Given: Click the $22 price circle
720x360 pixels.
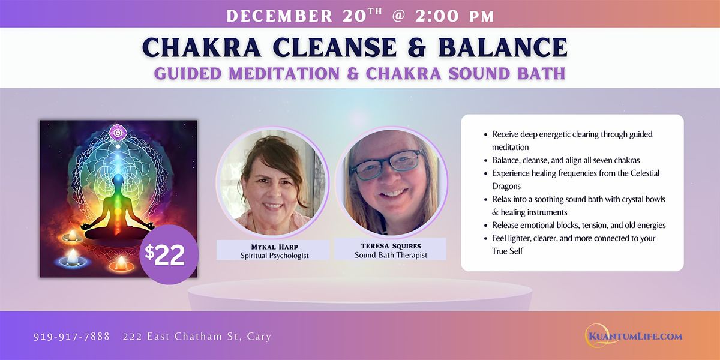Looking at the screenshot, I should [x=169, y=254].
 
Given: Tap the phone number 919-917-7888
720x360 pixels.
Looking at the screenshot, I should [x=71, y=337].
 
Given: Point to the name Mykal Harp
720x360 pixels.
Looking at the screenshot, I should [x=272, y=245].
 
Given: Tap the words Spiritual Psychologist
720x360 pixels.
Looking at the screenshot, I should [x=272, y=254].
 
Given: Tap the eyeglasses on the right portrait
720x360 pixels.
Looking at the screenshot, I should [x=387, y=164].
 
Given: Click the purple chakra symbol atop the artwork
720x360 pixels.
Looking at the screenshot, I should [x=118, y=130].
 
